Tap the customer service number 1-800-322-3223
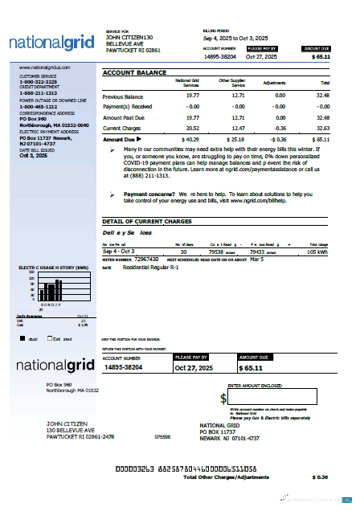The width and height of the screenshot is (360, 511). point(39,82)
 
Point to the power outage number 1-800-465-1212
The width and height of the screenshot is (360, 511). point(39,105)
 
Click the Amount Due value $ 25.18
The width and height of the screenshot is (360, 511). point(235,139)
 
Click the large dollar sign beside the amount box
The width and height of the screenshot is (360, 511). point(223,398)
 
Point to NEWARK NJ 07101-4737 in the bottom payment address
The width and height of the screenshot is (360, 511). point(230,439)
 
